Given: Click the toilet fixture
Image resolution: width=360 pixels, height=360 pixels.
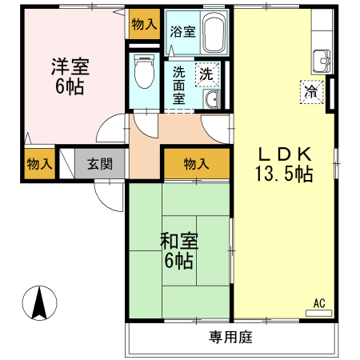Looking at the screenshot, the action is [144, 71].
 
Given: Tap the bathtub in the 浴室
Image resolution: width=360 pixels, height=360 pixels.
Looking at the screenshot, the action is [214, 33].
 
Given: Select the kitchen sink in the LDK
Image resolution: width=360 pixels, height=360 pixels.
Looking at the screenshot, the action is [322, 61].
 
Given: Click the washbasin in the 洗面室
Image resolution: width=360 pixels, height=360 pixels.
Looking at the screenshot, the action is [211, 98].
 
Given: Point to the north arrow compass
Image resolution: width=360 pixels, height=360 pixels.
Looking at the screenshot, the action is [39, 303].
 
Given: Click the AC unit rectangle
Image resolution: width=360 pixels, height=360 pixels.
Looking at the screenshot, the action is [318, 313].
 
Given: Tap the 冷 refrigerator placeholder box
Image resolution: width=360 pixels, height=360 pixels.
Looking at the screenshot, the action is [311, 92].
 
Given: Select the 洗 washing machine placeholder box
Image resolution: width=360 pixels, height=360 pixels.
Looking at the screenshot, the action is [207, 74].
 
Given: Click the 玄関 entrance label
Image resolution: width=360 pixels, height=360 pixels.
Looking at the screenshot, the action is [100, 164].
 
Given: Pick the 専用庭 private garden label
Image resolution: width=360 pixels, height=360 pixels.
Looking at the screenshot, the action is [230, 337].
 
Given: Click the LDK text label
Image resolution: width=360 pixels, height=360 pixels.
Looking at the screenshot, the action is [285, 154].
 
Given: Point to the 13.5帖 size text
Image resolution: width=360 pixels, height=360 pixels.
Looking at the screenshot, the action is [284, 174].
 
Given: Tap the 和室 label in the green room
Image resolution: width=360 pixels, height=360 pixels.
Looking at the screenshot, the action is [179, 241].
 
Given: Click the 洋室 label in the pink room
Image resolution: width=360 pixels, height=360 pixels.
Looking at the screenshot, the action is [70, 66].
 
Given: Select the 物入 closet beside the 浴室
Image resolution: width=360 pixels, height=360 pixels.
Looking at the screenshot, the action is [145, 24].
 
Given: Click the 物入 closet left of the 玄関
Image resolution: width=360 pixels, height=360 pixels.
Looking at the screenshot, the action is [40, 164].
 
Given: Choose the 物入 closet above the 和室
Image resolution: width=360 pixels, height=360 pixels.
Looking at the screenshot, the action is [197, 163].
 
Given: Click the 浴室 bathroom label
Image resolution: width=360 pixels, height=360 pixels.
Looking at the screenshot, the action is [183, 31].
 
